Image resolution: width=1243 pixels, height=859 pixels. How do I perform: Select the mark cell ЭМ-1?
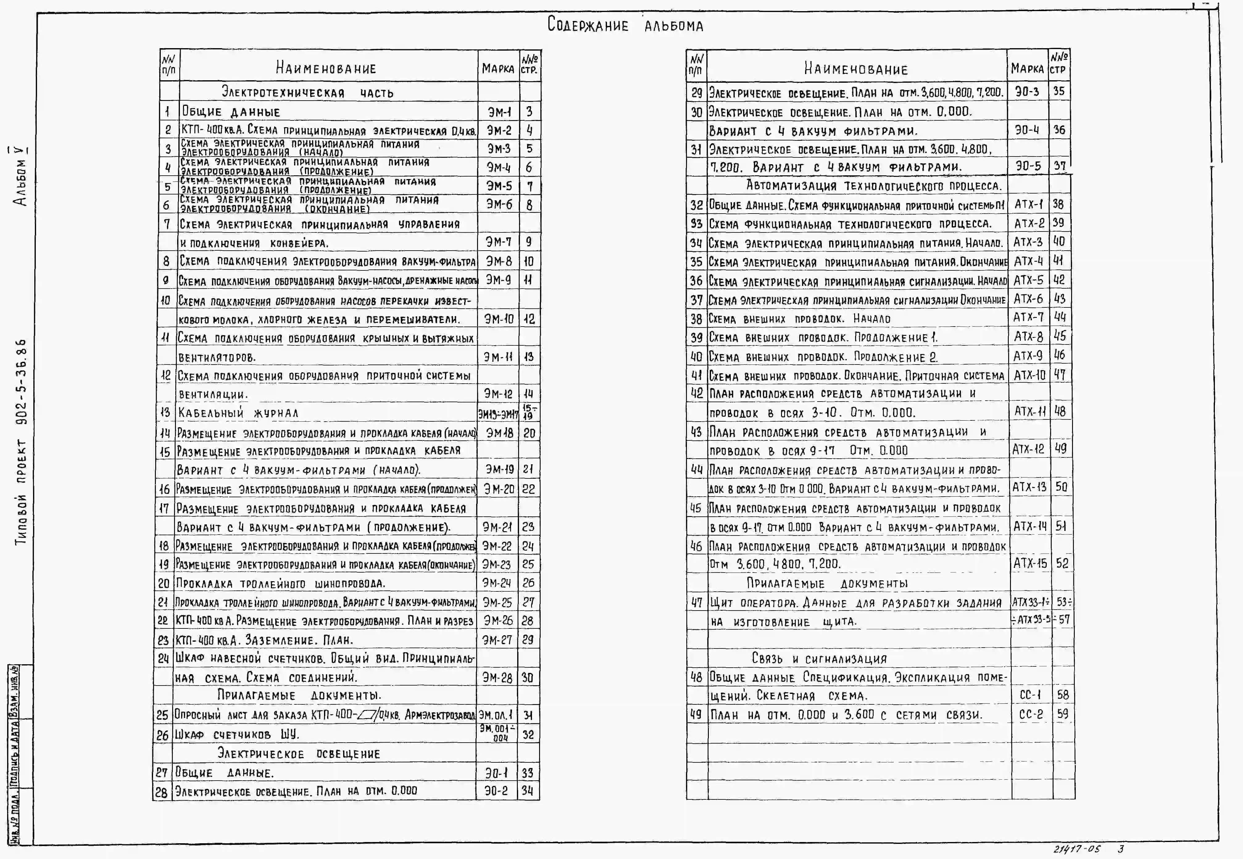[499, 112]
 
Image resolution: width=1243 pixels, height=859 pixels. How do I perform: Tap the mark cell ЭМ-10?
[499, 319]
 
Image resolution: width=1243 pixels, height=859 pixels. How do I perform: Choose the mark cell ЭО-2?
[496, 791]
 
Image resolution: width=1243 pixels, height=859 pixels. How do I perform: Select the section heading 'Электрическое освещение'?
[299, 753]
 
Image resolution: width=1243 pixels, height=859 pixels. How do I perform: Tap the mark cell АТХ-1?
[1028, 205]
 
